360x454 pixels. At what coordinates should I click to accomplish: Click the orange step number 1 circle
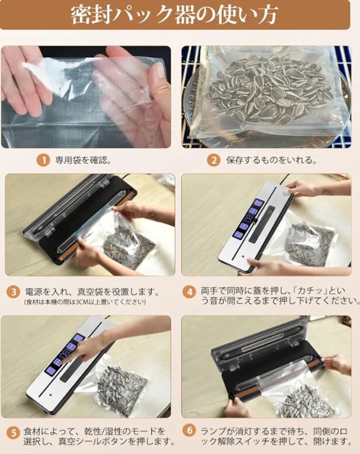click(x=43, y=161)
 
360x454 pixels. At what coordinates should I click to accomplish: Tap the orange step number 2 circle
click(x=213, y=161)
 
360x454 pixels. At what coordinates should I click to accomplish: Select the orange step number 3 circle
click(x=13, y=292)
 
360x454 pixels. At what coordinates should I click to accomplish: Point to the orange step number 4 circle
click(x=189, y=292)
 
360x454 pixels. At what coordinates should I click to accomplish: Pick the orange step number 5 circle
click(x=13, y=434)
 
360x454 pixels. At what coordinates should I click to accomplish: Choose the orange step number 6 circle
click(x=189, y=431)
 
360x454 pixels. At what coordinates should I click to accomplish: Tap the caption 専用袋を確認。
click(x=83, y=160)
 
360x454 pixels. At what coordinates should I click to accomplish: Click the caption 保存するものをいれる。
click(x=271, y=160)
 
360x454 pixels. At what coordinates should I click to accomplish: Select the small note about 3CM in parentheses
click(x=85, y=302)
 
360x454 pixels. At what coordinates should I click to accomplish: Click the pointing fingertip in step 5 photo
click(x=61, y=361)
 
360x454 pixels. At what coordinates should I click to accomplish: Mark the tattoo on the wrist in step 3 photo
click(x=153, y=215)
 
